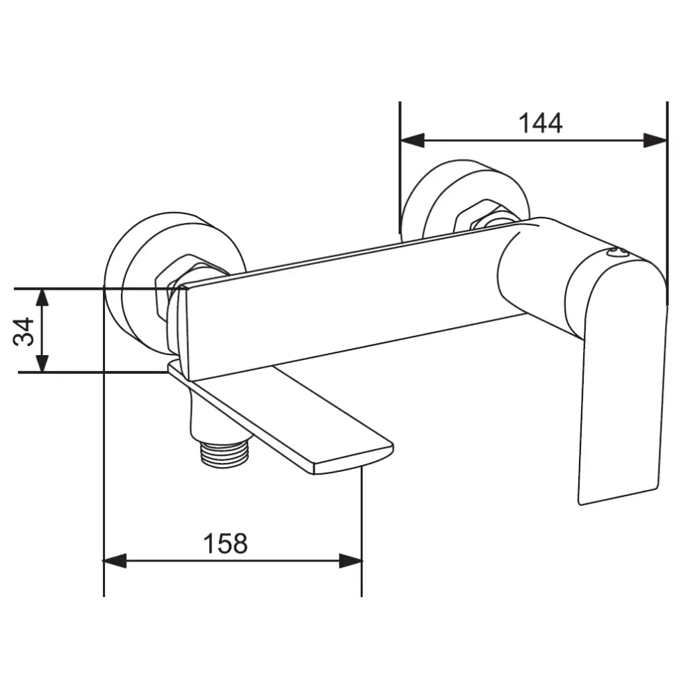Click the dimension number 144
click(x=540, y=124)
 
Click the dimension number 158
click(x=225, y=543)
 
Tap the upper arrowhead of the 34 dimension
click(x=42, y=298)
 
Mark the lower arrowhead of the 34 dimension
click(x=42, y=362)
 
